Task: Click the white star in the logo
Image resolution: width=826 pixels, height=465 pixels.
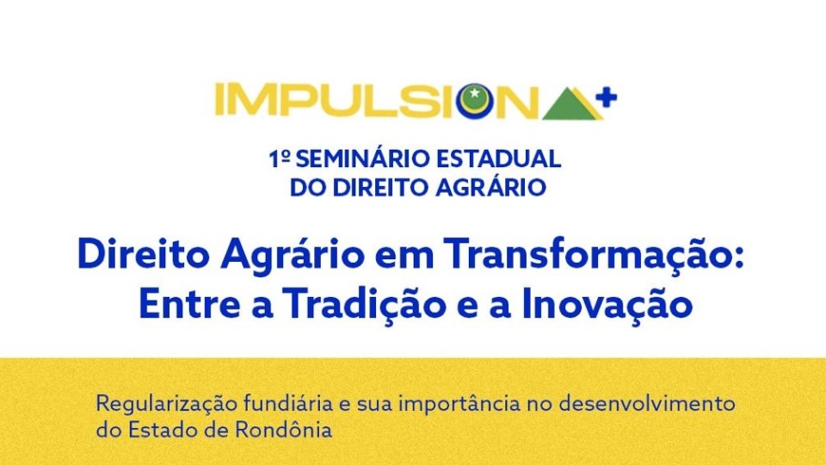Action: point(474,93)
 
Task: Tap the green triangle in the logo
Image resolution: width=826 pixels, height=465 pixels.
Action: point(570,104)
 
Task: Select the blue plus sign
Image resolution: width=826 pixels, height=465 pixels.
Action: point(606,98)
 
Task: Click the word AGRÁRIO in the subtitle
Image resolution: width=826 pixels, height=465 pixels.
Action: point(490,187)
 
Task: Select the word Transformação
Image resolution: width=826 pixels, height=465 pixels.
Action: point(586,255)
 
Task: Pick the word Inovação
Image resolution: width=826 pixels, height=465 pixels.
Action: point(607,304)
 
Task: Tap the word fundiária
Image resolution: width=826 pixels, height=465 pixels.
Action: point(288,404)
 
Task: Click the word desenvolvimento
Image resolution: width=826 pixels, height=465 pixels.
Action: point(646,404)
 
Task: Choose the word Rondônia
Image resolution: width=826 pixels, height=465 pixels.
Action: point(283,429)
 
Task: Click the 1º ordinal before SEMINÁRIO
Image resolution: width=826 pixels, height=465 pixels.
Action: point(279,158)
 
